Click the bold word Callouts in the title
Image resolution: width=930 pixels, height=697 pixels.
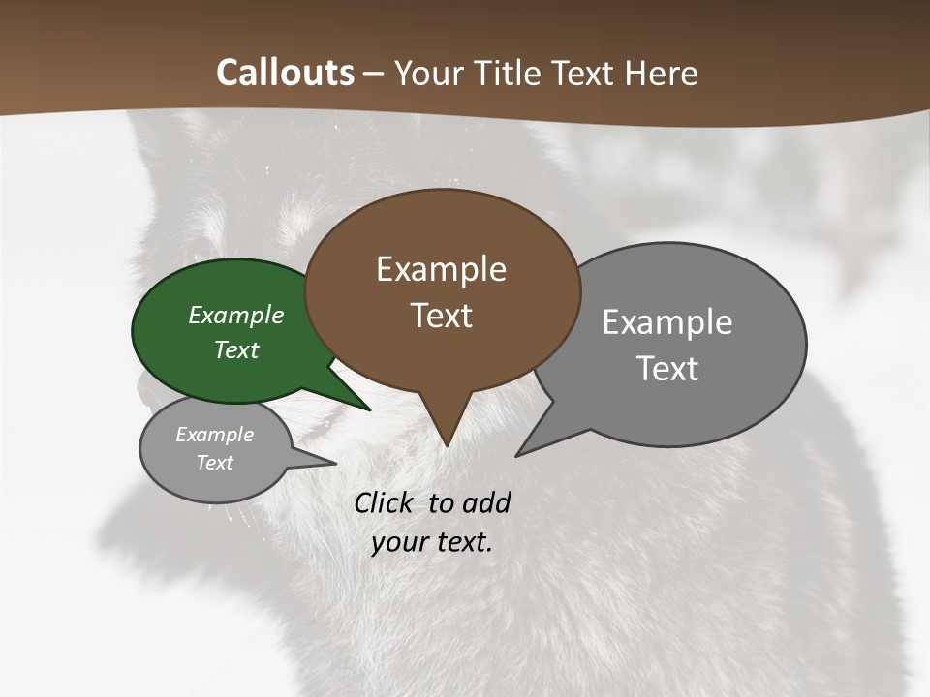pyautogui.click(x=285, y=74)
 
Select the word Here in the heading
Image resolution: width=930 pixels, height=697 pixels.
pyautogui.click(x=661, y=74)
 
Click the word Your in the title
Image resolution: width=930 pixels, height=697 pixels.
pyautogui.click(x=429, y=74)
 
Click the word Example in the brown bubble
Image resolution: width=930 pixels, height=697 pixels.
pyautogui.click(x=441, y=269)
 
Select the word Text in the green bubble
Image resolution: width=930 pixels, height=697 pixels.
pyautogui.click(x=236, y=349)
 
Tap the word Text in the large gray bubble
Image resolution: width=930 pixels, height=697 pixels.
pyautogui.click(x=667, y=369)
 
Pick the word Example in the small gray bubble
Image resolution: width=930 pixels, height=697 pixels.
pyautogui.click(x=214, y=435)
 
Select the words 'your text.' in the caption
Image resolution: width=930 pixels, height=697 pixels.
pyautogui.click(x=431, y=542)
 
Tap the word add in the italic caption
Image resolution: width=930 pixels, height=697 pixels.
pyautogui.click(x=486, y=502)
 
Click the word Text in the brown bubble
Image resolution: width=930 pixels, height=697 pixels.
pyautogui.click(x=442, y=316)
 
